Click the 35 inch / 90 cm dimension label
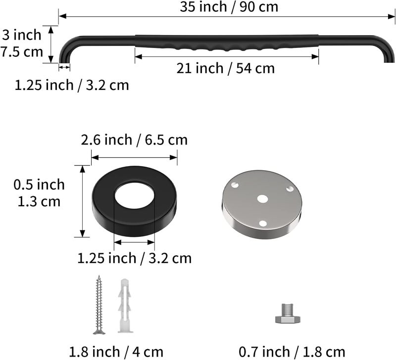[x=229, y=7]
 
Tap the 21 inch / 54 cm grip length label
[x=226, y=68]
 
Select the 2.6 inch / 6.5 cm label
[x=134, y=140]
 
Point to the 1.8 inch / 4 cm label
[x=116, y=352]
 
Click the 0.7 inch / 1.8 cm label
[x=292, y=352]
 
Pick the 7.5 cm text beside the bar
[x=22, y=52]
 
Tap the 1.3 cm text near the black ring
[x=39, y=201]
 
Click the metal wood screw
[x=99, y=305]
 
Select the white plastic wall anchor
[x=125, y=306]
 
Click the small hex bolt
[x=288, y=314]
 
